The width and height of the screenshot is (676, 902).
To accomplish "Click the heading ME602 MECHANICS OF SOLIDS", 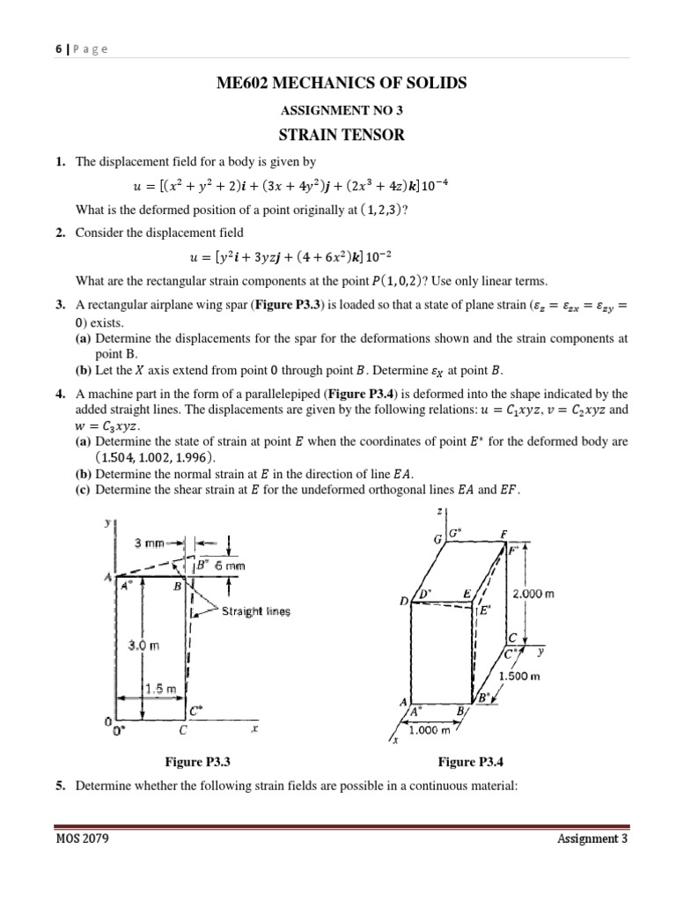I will point(341,84).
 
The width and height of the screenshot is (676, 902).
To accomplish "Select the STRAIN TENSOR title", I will point(341,136).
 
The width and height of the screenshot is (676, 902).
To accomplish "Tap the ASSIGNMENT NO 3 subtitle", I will point(341,112).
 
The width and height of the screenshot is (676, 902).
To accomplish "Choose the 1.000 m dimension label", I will point(429,729).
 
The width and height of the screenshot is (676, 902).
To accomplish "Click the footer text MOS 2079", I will point(81,864).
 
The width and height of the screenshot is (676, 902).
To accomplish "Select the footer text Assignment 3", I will point(592,864).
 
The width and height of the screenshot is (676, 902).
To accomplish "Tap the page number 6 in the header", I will point(56,49).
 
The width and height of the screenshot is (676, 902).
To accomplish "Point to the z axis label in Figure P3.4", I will point(438,513).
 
